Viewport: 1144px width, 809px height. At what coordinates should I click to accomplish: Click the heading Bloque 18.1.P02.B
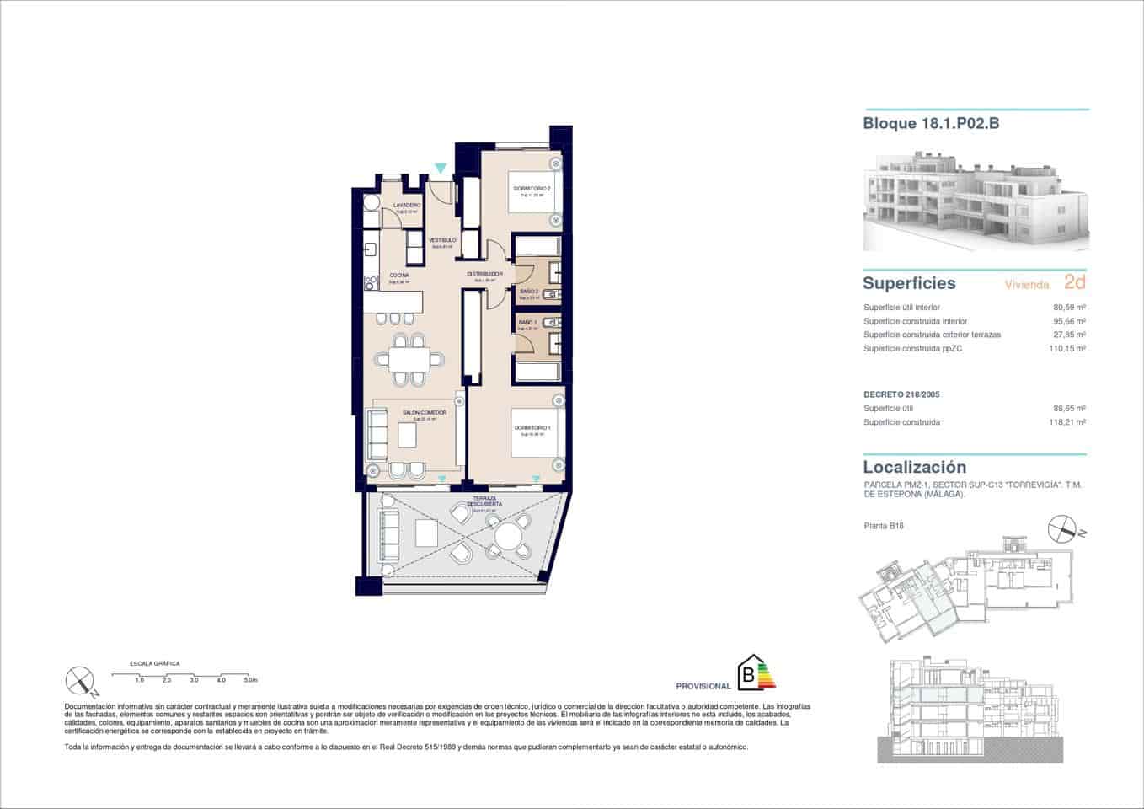pyautogui.click(x=931, y=123)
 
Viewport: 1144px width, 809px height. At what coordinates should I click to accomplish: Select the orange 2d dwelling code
pyautogui.click(x=1074, y=282)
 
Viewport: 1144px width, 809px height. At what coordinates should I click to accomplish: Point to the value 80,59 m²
pyautogui.click(x=1068, y=308)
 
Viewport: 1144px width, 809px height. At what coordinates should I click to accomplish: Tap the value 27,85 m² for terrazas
pyautogui.click(x=1068, y=335)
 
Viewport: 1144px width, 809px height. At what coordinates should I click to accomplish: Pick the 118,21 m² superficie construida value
pyautogui.click(x=1067, y=422)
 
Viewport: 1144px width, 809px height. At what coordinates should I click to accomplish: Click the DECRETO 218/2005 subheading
pyautogui.click(x=901, y=394)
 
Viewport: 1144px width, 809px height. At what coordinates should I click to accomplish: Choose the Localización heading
pyautogui.click(x=914, y=467)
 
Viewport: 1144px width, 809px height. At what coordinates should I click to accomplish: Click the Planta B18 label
pyautogui.click(x=884, y=526)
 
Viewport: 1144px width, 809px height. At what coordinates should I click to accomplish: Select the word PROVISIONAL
pyautogui.click(x=703, y=686)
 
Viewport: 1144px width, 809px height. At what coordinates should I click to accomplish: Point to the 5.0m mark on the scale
pyautogui.click(x=250, y=679)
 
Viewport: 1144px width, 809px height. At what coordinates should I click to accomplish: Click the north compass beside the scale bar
pyautogui.click(x=79, y=679)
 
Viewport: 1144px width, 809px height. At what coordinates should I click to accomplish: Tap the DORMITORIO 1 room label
pyautogui.click(x=532, y=428)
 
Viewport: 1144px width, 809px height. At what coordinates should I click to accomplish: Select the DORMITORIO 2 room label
pyautogui.click(x=532, y=189)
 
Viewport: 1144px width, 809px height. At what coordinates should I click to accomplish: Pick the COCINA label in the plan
pyautogui.click(x=399, y=276)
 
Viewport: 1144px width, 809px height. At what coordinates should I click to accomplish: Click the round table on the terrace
pyautogui.click(x=509, y=535)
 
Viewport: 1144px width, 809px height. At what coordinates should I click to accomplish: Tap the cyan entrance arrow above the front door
pyautogui.click(x=440, y=169)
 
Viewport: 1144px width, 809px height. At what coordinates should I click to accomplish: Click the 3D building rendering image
pyautogui.click(x=975, y=201)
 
